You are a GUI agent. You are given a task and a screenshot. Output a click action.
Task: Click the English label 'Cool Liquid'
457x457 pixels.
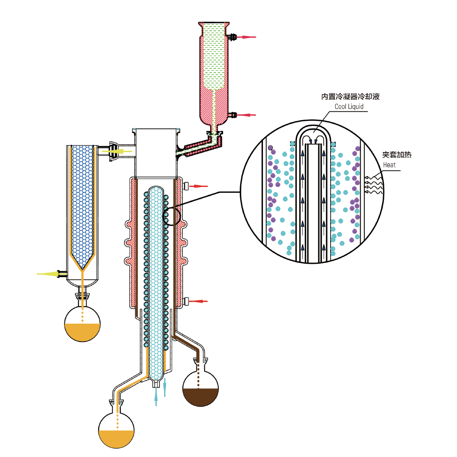[349, 107]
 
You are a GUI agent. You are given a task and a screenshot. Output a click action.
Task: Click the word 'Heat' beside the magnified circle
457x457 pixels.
[389, 165]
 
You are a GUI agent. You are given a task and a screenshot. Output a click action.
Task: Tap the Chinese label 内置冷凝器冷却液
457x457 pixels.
[350, 96]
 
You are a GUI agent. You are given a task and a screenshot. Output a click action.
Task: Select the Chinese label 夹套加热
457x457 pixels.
[397, 155]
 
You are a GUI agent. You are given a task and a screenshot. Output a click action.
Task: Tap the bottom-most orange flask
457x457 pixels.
[116, 434]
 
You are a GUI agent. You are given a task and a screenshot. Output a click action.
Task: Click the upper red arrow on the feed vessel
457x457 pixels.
[248, 37]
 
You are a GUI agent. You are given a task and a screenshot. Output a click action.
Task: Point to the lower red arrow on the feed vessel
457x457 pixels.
[248, 115]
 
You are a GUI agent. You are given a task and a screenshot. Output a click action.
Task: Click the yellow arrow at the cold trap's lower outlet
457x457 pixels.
[47, 273]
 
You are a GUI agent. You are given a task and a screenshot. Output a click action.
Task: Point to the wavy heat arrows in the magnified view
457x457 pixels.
[373, 185]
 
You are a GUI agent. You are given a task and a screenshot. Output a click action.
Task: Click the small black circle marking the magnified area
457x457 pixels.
[172, 216]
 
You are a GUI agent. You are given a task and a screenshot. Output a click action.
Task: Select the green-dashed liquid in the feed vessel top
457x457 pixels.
[214, 54]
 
